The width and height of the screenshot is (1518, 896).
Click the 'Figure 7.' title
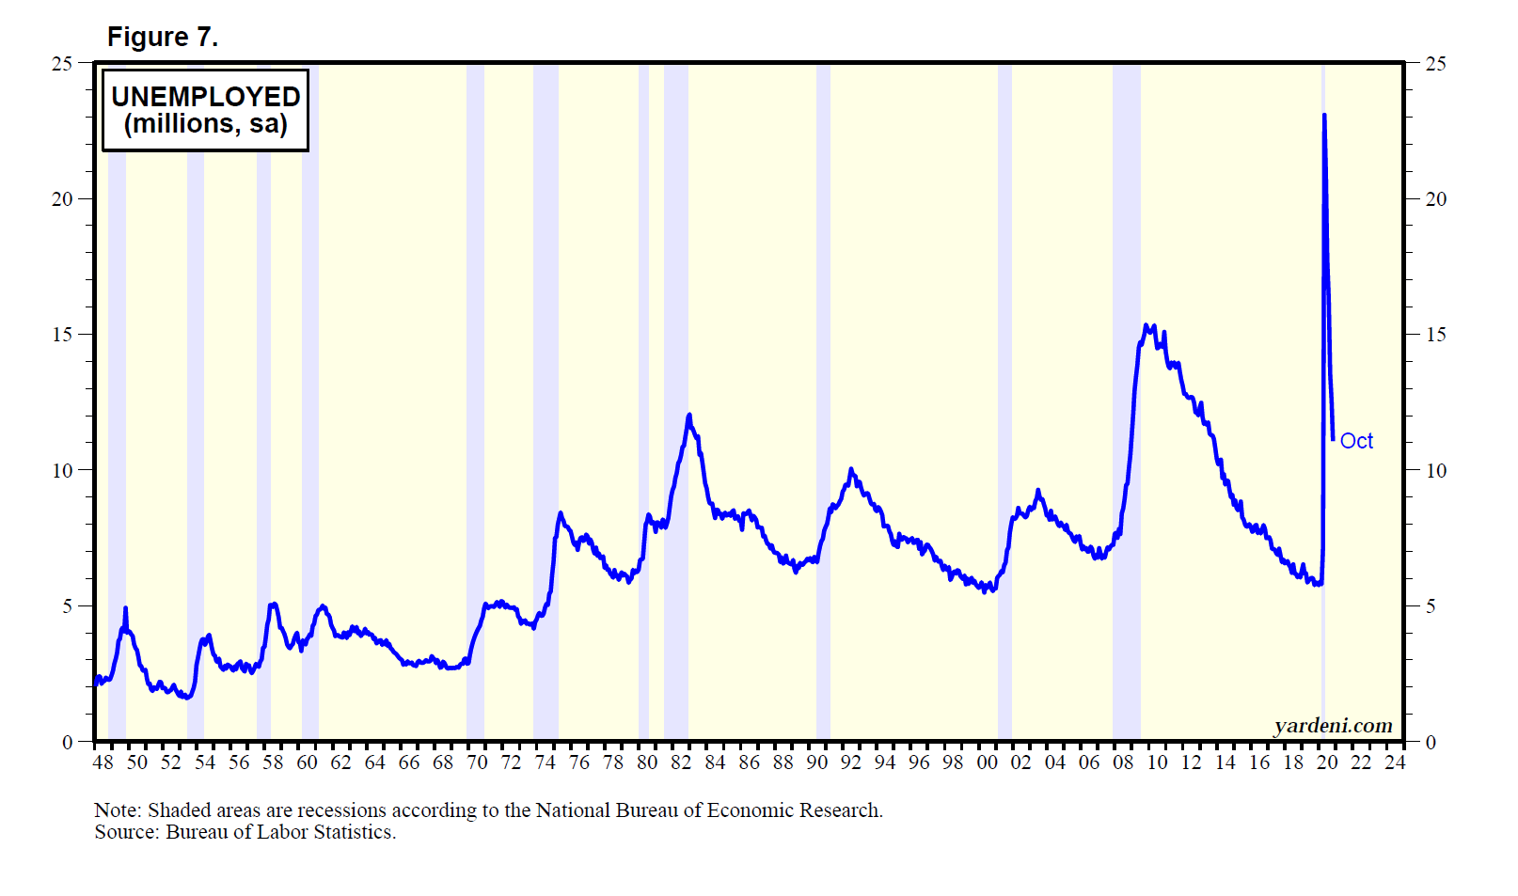[162, 37]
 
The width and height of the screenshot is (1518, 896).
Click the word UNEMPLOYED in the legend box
[205, 97]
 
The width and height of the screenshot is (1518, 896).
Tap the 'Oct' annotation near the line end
[1355, 441]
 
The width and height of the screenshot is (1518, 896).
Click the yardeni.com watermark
[1333, 726]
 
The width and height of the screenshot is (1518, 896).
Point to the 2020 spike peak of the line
[1324, 117]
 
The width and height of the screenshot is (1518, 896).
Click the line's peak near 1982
[689, 415]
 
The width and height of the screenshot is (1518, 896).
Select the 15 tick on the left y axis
[62, 335]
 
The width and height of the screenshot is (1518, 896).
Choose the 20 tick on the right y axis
[1435, 199]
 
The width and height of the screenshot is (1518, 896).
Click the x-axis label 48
[103, 762]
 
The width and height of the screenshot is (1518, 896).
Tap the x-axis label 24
[1395, 762]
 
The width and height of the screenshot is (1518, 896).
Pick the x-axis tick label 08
[1123, 762]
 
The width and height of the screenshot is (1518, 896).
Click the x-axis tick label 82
[681, 762]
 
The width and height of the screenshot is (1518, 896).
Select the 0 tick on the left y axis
[67, 742]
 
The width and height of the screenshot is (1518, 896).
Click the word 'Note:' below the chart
[118, 810]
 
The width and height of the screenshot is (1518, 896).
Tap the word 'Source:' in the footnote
[127, 832]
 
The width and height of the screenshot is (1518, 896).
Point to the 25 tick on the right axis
[1435, 64]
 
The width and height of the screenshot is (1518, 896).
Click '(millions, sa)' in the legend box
[205, 124]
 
